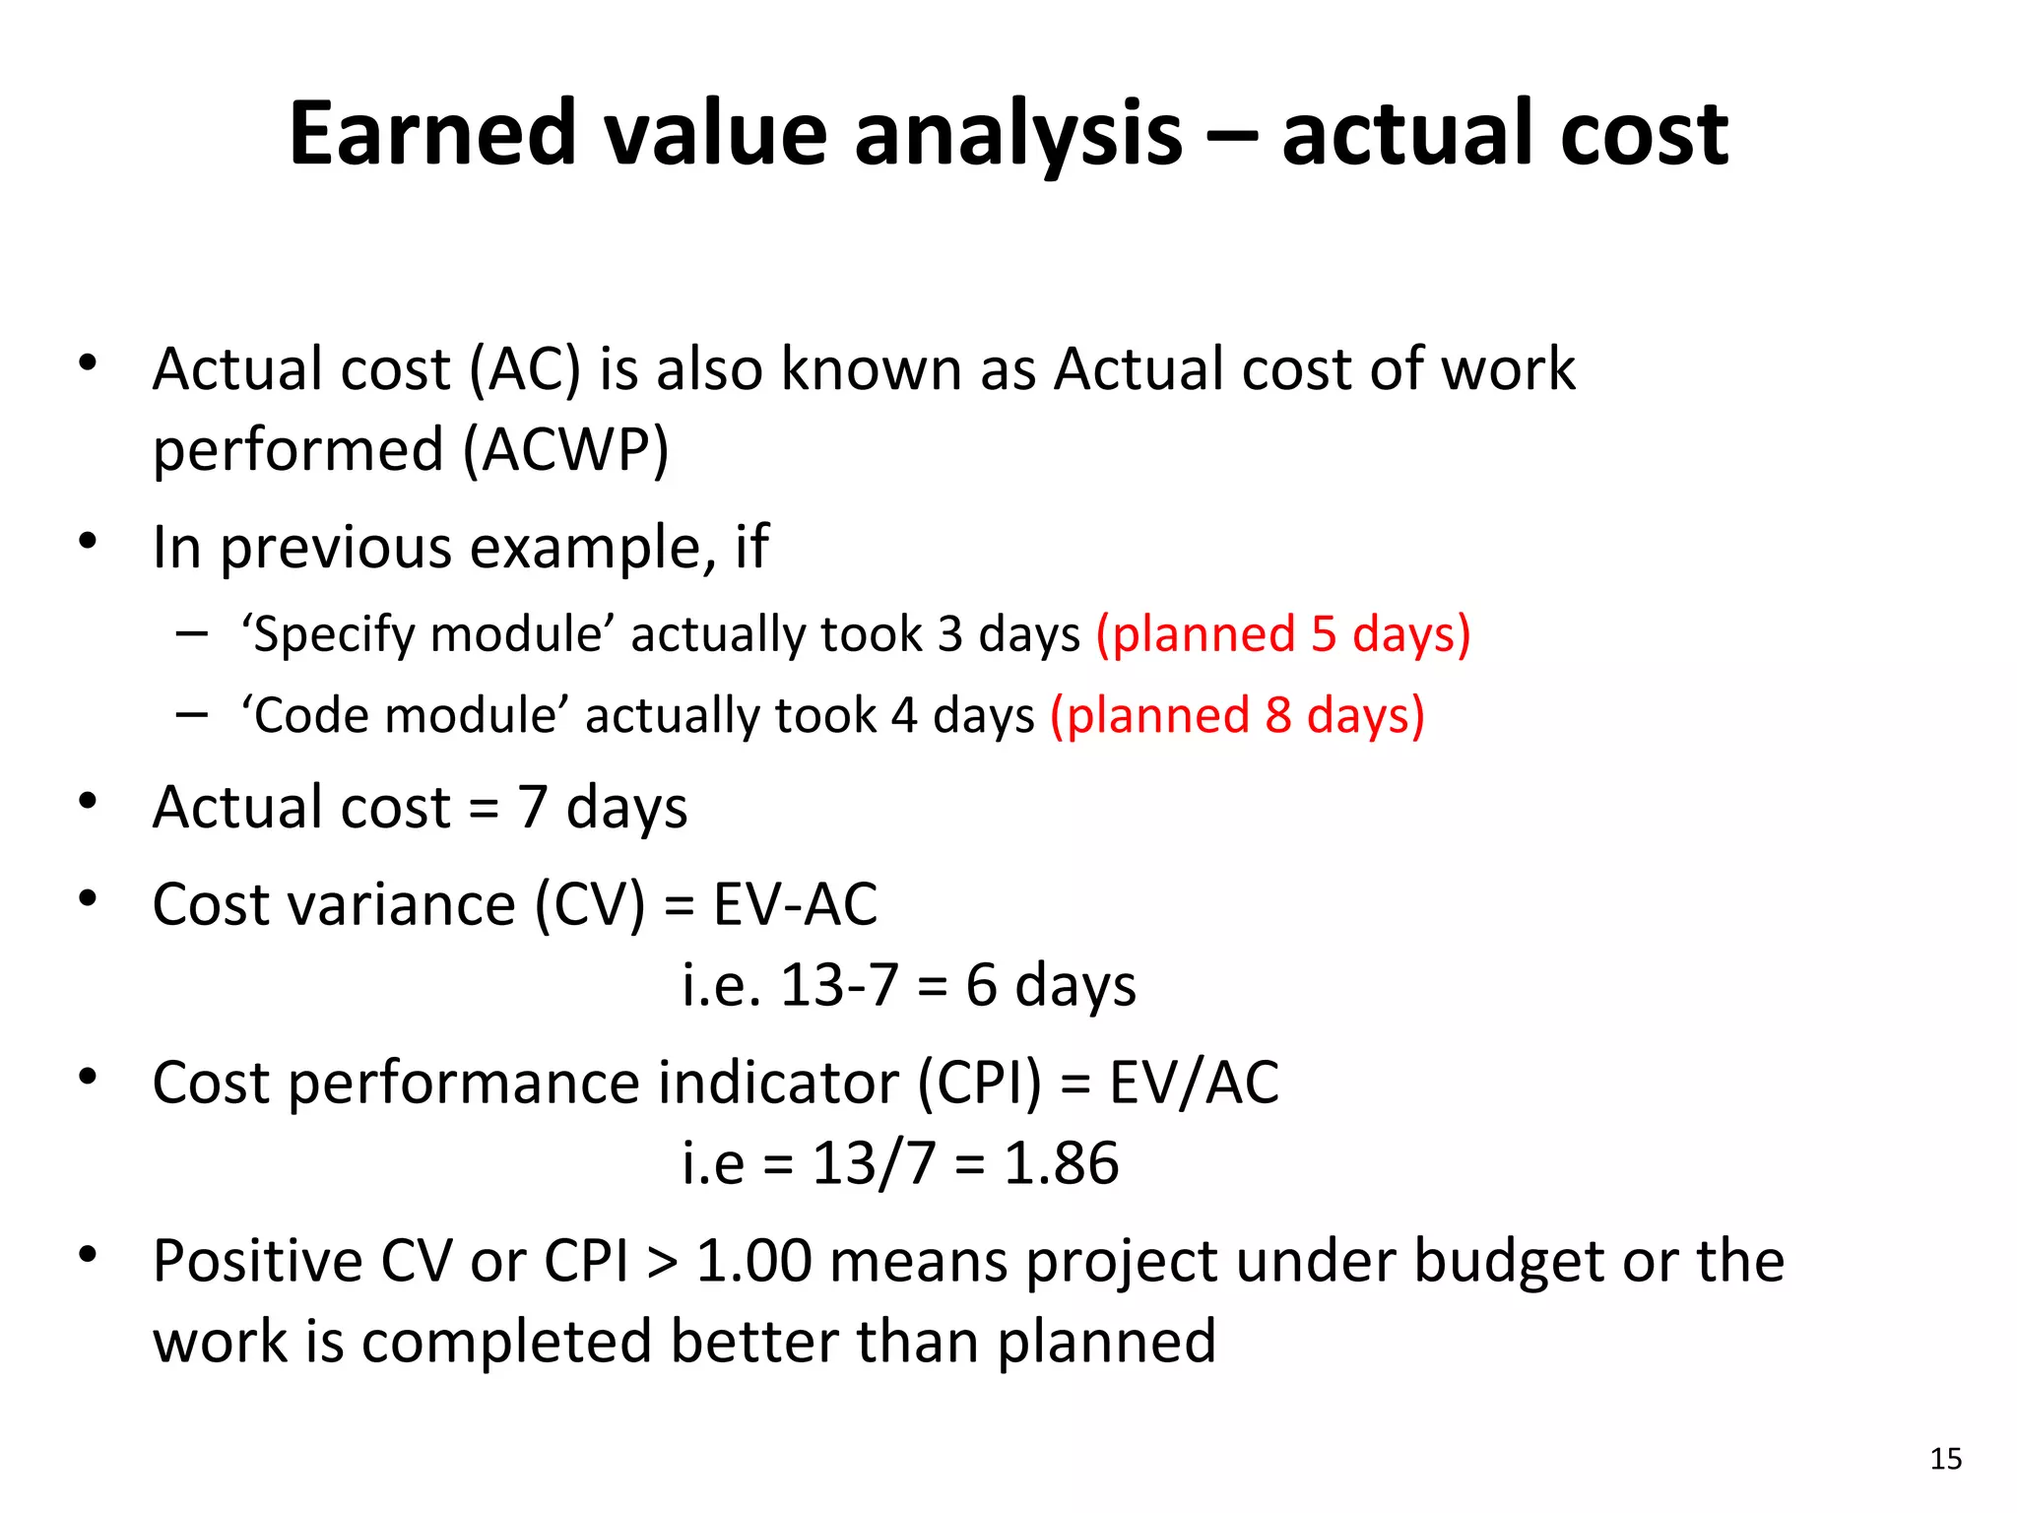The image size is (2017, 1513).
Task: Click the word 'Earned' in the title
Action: [x=432, y=133]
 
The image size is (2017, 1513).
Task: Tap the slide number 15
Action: [x=1945, y=1459]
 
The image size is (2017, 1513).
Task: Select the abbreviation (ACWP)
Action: [x=566, y=450]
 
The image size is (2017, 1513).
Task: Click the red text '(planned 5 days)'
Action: [x=1283, y=633]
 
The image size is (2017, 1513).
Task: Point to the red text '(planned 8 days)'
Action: [x=1237, y=715]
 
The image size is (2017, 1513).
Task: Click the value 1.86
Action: [x=1061, y=1163]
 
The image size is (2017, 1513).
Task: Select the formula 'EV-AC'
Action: [x=795, y=904]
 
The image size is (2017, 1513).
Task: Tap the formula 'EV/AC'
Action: [x=1194, y=1083]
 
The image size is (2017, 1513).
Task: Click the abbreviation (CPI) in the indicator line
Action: [x=979, y=1083]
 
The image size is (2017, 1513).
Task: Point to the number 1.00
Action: [x=753, y=1262]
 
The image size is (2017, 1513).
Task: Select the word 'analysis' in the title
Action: [x=1018, y=135]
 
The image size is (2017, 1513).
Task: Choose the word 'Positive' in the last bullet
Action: [x=258, y=1262]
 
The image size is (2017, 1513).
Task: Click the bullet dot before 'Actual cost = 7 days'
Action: [x=89, y=800]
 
